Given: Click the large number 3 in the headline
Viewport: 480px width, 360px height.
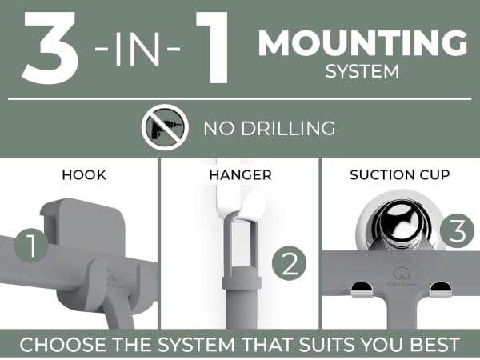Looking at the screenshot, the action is [x=50, y=48].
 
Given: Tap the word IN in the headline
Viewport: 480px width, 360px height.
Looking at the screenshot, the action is [x=138, y=49].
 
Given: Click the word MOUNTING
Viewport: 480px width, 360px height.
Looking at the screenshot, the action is [x=363, y=43].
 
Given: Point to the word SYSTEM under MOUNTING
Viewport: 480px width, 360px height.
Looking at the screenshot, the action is [x=362, y=71].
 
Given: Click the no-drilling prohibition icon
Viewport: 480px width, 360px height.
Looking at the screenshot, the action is [x=165, y=127].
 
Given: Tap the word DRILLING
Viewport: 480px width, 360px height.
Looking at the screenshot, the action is [x=288, y=129].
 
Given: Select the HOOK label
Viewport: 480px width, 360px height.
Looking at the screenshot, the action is [x=84, y=175].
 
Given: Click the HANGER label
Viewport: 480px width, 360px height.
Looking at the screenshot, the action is [x=240, y=175].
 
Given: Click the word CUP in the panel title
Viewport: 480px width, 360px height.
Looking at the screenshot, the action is [x=434, y=175].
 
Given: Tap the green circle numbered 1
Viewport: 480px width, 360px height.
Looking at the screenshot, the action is [x=31, y=246].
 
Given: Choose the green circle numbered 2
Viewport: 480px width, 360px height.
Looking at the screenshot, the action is [x=289, y=263].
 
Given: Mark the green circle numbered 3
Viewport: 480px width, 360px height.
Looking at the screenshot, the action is [x=458, y=231].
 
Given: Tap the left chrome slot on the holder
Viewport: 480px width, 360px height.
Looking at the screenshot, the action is [x=362, y=290].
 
